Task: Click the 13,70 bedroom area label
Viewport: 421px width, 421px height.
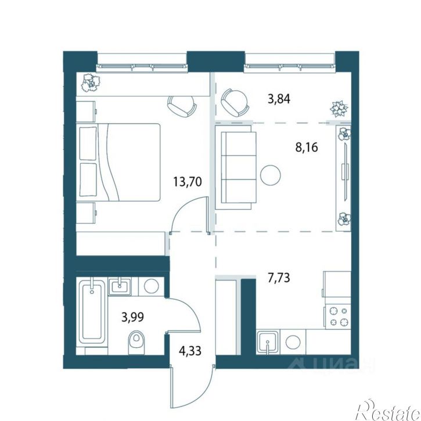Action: point(188,182)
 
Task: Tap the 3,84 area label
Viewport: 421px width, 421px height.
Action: point(279,99)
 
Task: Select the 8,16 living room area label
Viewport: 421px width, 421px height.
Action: point(307,147)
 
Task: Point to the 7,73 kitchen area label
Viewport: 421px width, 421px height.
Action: point(279,278)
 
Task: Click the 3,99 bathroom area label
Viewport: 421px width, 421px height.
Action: point(132,317)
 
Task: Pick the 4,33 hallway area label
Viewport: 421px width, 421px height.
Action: point(190,351)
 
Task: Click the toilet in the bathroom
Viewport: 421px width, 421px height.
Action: point(136,342)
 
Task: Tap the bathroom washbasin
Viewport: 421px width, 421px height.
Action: point(120,286)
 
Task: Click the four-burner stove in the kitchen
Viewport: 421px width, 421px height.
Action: point(337,316)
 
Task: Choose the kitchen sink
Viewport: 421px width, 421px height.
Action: point(268,341)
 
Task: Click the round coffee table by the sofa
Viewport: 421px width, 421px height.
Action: point(271,175)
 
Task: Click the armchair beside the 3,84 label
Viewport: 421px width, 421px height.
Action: point(235,103)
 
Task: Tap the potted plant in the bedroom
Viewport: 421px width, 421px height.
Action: point(91,82)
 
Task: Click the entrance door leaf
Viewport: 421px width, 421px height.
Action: point(171,387)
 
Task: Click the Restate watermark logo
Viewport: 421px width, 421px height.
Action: point(388,411)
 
